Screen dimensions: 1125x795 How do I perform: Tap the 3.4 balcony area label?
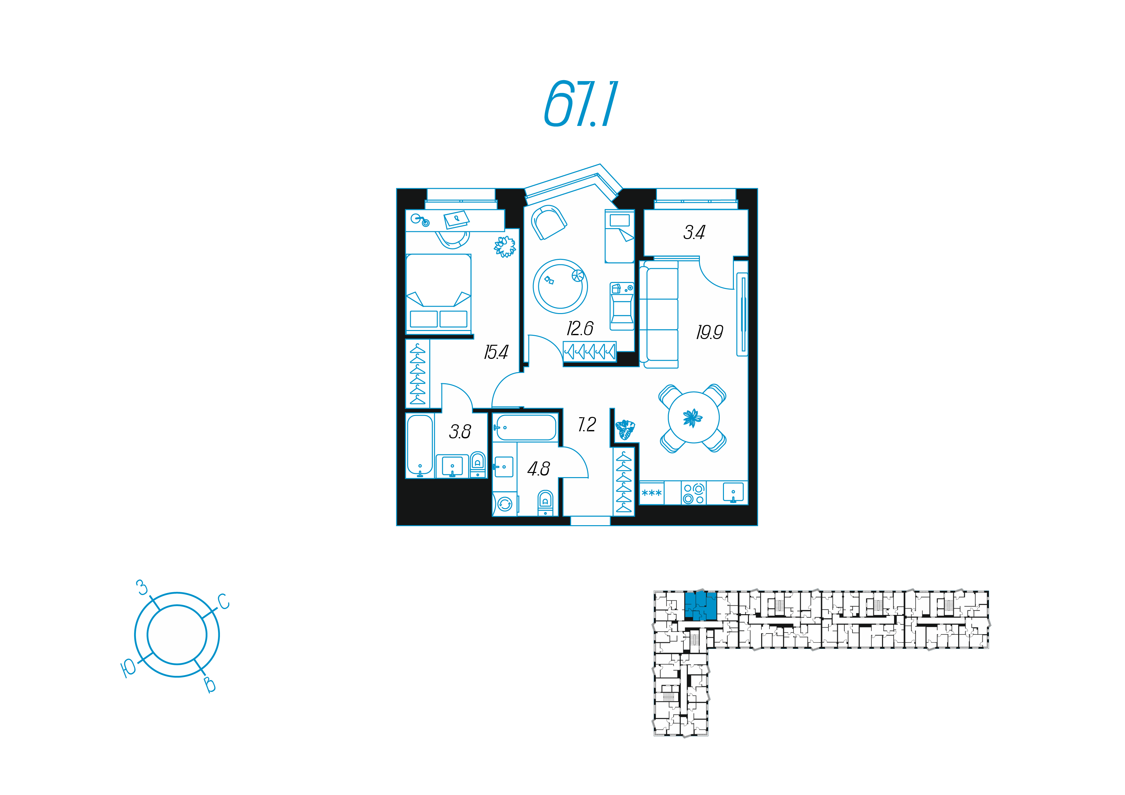(x=694, y=232)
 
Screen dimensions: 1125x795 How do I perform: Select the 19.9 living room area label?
(x=709, y=333)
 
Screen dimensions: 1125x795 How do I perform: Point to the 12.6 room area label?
(x=580, y=328)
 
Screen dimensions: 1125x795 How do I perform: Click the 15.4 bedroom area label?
(x=496, y=352)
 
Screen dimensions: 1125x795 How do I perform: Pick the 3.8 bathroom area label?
(x=460, y=432)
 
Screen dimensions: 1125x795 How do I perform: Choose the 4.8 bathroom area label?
(x=539, y=469)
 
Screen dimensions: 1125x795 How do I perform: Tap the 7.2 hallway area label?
(x=587, y=424)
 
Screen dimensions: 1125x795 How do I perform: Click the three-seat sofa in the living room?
(x=659, y=314)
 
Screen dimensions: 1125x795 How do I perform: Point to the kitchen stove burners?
(x=694, y=493)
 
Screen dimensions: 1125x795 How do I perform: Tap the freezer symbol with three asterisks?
(x=652, y=493)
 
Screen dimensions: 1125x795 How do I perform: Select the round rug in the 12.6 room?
(x=560, y=286)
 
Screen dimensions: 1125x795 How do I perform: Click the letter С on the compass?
(x=223, y=601)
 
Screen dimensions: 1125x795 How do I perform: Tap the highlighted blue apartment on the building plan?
(x=701, y=606)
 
